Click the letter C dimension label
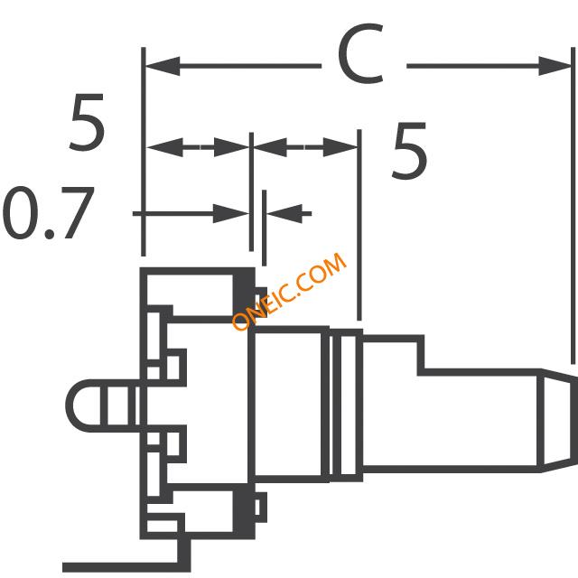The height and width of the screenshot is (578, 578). pos(361,53)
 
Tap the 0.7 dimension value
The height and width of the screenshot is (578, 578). pos(48,213)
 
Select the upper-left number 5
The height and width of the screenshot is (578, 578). pos(87,123)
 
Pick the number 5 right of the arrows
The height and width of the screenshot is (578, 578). pos(409,151)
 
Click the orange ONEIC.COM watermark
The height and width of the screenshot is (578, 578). pos(289,291)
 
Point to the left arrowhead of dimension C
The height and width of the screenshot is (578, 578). pos(163,66)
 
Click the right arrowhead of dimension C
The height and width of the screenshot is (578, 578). pos(555,66)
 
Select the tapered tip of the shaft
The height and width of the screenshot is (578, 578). pos(557,420)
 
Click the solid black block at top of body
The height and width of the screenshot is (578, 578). pos(244,295)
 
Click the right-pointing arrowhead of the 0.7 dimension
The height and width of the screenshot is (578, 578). pos(231,213)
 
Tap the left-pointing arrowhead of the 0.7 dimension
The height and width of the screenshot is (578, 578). pos(284,213)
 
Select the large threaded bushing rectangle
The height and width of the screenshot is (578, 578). pos(288,405)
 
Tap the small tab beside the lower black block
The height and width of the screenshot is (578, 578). pos(261,508)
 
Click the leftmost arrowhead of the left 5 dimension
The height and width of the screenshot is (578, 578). pos(164,147)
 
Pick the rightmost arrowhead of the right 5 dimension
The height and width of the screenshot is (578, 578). pos(340,147)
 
